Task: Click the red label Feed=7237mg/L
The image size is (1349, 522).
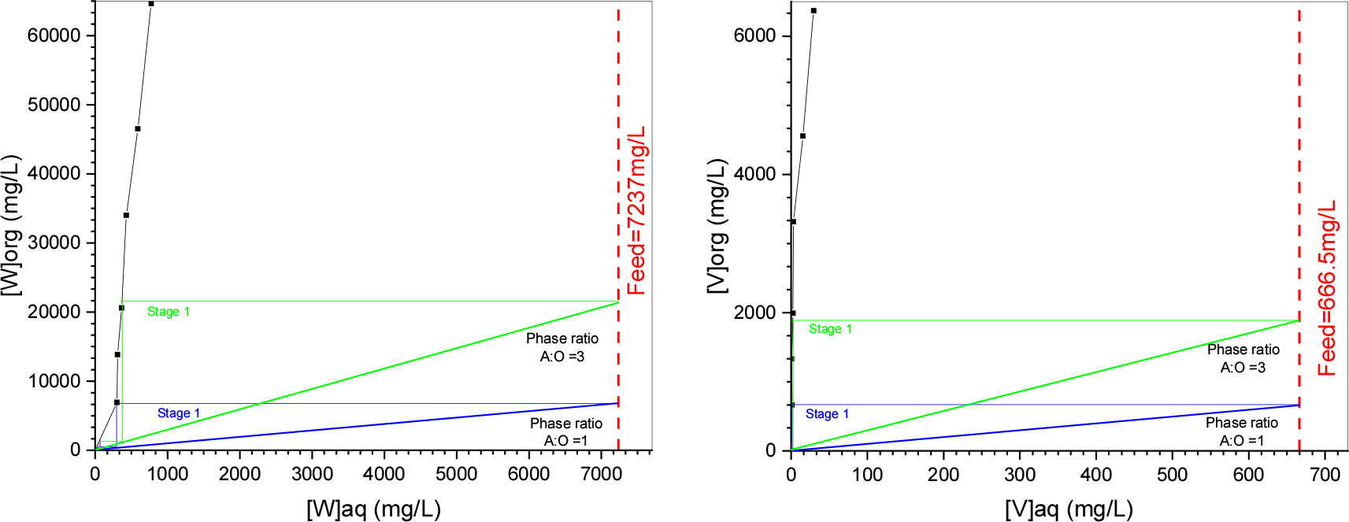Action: click(x=636, y=210)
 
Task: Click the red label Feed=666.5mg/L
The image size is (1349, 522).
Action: click(x=1327, y=288)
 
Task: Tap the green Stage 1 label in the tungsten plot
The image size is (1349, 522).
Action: click(x=169, y=312)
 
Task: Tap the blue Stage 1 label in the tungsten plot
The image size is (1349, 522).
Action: click(x=179, y=413)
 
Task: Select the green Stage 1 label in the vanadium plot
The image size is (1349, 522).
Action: click(x=830, y=329)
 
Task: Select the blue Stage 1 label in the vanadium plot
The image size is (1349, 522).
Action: click(x=827, y=414)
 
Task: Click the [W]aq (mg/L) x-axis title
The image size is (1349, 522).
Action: click(x=373, y=509)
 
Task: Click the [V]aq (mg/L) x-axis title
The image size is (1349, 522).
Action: click(x=1069, y=509)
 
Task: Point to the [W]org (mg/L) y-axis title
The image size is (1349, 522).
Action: click(x=11, y=225)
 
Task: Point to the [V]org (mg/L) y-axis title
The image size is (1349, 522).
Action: click(x=717, y=226)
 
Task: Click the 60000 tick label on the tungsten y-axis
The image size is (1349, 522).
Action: click(x=54, y=35)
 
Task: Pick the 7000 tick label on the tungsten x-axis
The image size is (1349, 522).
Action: click(x=601, y=474)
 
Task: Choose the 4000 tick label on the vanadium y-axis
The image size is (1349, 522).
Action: click(x=754, y=174)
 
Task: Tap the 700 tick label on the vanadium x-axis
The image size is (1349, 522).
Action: click(x=1325, y=474)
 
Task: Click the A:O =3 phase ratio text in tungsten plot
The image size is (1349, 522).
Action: click(x=561, y=357)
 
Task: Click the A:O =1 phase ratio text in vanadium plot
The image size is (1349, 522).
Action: click(x=1242, y=440)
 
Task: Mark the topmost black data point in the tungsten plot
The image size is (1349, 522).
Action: click(x=151, y=4)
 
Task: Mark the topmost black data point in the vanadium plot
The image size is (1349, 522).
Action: click(x=813, y=11)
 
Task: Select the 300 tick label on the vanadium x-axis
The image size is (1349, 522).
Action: click(x=1020, y=474)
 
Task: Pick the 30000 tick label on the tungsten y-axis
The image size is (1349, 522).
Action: click(x=54, y=242)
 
